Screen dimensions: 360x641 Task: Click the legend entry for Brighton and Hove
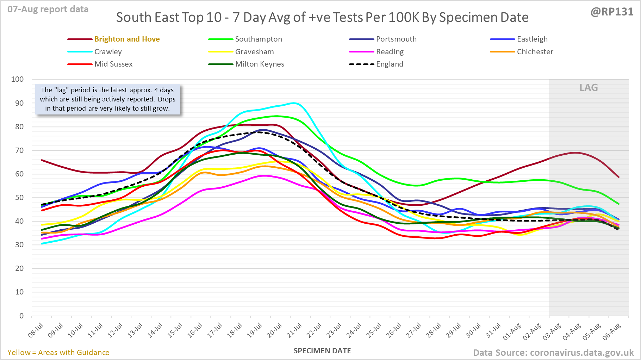pos(127,39)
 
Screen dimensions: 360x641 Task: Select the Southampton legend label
pos(259,39)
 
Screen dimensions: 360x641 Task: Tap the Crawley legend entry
pos(108,52)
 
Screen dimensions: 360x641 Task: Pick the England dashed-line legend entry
pos(390,64)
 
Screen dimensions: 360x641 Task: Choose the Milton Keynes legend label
pos(260,64)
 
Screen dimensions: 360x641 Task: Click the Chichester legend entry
pos(535,52)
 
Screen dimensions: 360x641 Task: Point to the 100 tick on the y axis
pos(18,79)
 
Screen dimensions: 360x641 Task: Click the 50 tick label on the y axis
pos(19,198)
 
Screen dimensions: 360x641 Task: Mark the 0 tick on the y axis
pos(21,316)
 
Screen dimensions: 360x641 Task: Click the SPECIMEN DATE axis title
pos(322,351)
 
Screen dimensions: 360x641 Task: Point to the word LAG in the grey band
pos(589,88)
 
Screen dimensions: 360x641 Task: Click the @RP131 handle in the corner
pos(612,12)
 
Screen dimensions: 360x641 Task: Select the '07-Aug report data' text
pos(48,10)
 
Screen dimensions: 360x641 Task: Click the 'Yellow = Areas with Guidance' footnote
pos(58,353)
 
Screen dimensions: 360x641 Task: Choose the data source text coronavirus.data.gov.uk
pos(553,353)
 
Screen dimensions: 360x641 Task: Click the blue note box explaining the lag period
pos(107,99)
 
